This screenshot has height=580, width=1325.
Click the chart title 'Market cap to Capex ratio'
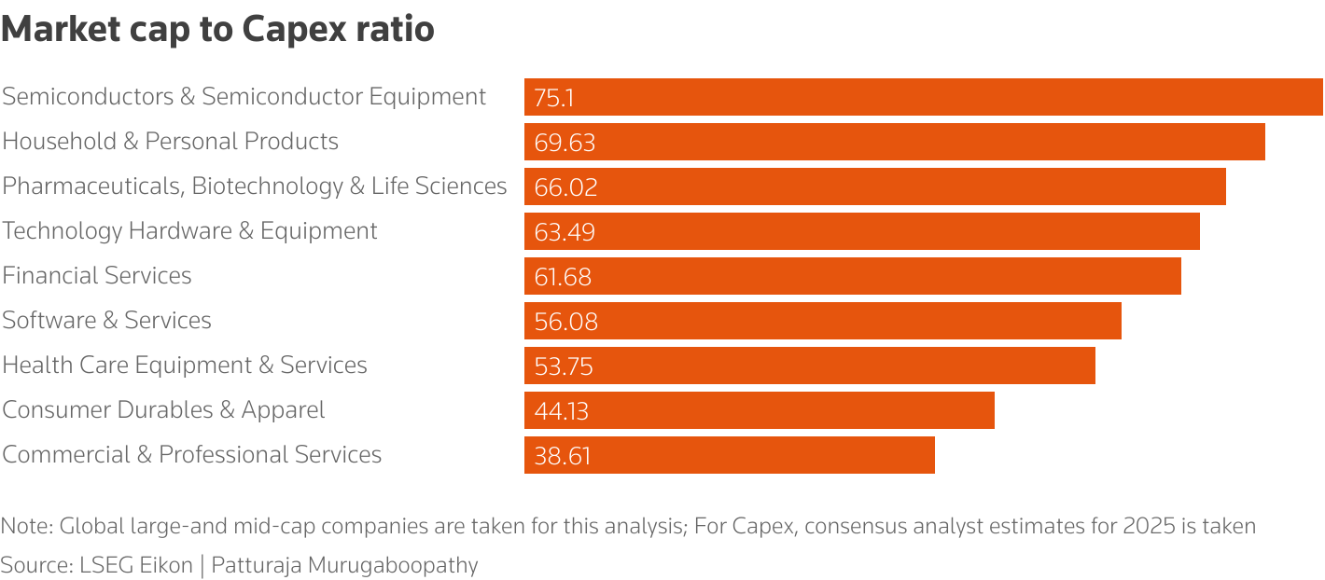pyautogui.click(x=217, y=30)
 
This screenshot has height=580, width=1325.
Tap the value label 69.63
pyautogui.click(x=565, y=143)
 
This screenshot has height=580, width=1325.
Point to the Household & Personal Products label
pyautogui.click(x=170, y=142)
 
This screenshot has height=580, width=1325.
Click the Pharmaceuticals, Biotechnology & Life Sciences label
pyautogui.click(x=254, y=186)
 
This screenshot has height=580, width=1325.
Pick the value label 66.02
pyautogui.click(x=565, y=187)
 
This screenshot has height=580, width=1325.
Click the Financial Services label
pyautogui.click(x=97, y=276)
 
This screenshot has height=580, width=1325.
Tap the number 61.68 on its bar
pyautogui.click(x=563, y=277)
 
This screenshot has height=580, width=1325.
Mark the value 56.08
pyautogui.click(x=565, y=322)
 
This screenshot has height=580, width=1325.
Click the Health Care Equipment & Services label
pyautogui.click(x=185, y=366)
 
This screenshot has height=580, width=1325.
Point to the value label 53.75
pyautogui.click(x=564, y=366)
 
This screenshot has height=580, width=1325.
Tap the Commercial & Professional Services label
pyautogui.click(x=191, y=455)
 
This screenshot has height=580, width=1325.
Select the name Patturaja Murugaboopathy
pyautogui.click(x=344, y=565)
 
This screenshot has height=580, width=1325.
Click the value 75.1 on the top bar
pyautogui.click(x=553, y=98)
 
